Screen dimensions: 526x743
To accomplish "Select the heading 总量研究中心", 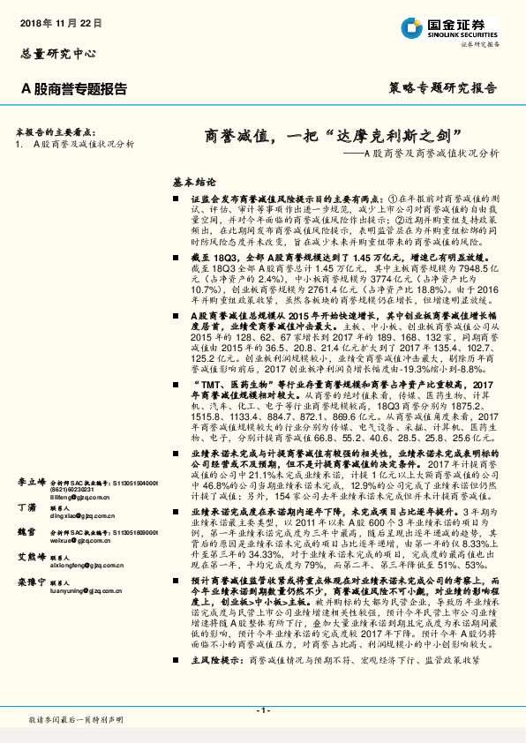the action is [55, 54].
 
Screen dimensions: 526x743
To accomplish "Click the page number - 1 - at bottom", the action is [262, 710].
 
